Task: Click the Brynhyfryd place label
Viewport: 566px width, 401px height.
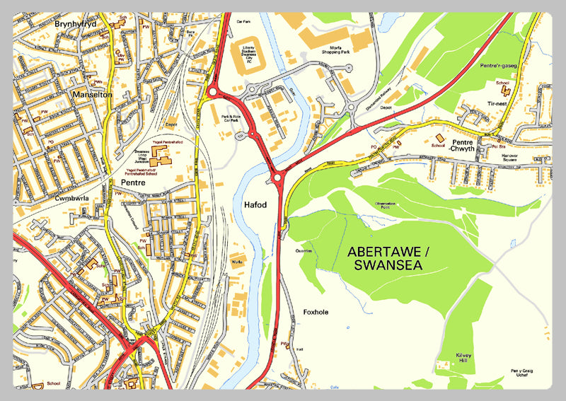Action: click(74, 24)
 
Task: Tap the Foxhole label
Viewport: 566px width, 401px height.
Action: click(316, 312)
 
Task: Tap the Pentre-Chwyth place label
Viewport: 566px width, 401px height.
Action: click(464, 146)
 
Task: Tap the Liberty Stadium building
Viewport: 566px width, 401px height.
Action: click(249, 54)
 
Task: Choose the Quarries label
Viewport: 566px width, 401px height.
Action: click(304, 250)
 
